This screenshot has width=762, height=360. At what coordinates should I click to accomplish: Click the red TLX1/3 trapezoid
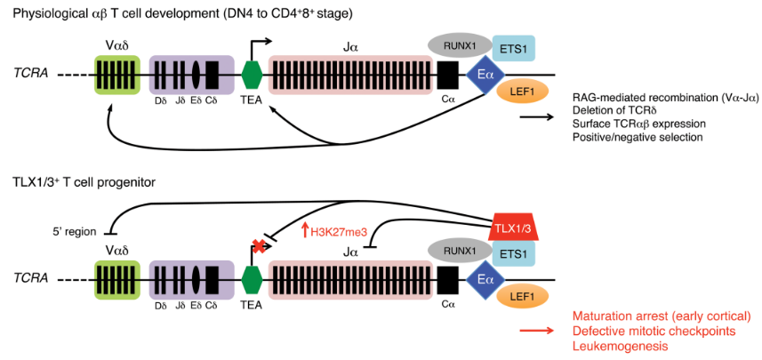pyautogui.click(x=515, y=228)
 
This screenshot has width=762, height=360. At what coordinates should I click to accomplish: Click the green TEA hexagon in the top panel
pyautogui.click(x=252, y=75)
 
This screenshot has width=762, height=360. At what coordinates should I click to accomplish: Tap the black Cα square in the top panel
pyautogui.click(x=446, y=75)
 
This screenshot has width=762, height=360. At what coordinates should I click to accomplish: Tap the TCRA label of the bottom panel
pyautogui.click(x=30, y=279)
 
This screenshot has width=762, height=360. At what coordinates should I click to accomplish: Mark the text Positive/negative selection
pyautogui.click(x=638, y=137)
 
